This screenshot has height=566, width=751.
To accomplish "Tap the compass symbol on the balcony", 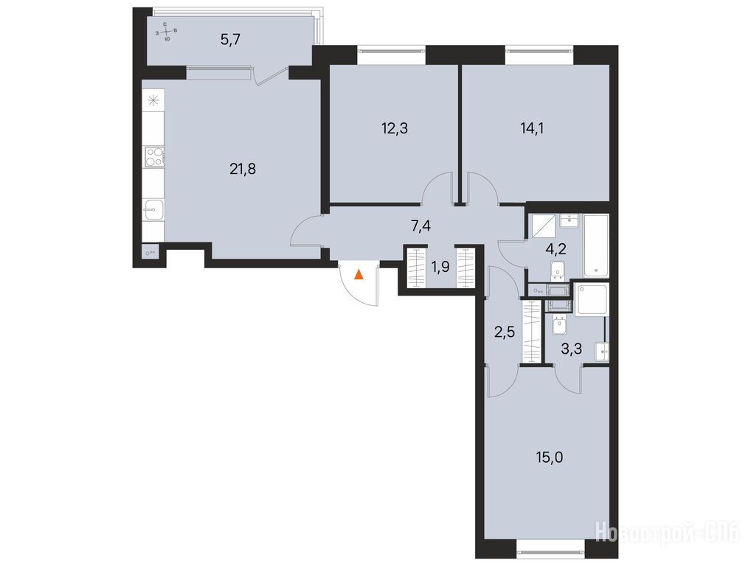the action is click(166, 32).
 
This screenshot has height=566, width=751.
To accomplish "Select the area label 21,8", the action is click(243, 169).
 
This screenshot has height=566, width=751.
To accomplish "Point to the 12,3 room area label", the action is click(395, 128).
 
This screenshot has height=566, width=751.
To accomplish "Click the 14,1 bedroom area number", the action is click(532, 128).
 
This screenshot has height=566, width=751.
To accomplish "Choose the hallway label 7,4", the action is click(421, 226).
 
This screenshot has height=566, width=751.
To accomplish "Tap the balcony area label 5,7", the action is click(230, 40).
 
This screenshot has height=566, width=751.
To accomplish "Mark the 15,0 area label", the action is click(550, 458).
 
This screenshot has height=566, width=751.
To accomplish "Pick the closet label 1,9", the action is click(440, 267).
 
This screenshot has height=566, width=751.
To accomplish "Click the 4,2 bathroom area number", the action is click(557, 249).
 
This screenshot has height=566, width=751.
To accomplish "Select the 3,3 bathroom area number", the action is click(572, 349).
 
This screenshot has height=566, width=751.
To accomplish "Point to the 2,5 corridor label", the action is click(505, 331).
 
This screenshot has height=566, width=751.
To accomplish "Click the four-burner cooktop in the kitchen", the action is click(155, 156).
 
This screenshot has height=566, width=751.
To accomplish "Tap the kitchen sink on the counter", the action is click(153, 209).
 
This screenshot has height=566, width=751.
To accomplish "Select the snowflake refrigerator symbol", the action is click(153, 100).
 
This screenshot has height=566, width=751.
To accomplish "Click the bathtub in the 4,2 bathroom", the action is click(596, 246).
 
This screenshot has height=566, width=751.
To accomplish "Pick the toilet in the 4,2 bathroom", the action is click(558, 270).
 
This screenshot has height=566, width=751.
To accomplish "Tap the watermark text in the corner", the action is click(668, 533).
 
